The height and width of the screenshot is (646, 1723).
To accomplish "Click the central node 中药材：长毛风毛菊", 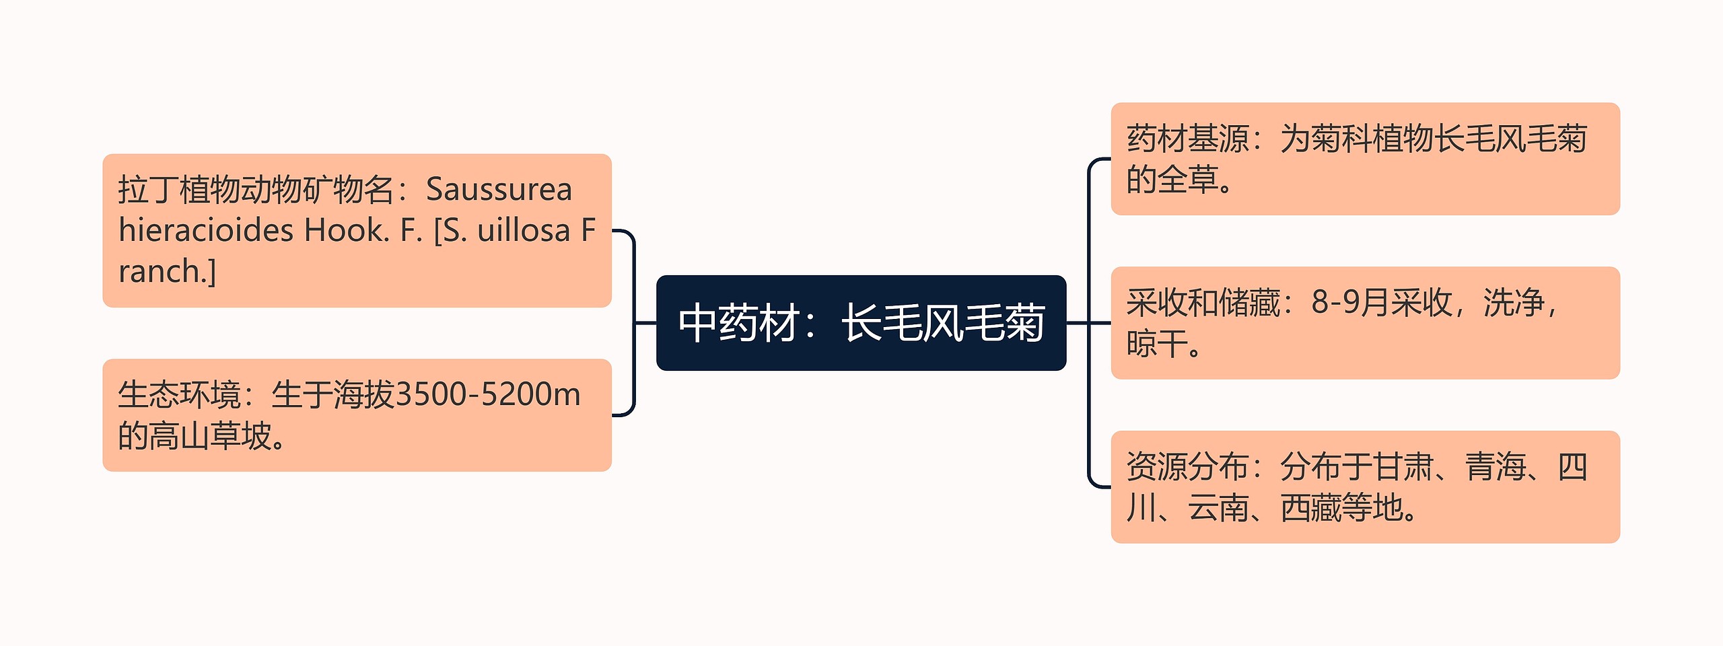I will (861, 323).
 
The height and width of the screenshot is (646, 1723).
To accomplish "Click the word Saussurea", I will (499, 190).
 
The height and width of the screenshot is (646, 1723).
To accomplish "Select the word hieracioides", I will (206, 231).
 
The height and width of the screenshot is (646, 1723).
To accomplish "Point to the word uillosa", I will (524, 231).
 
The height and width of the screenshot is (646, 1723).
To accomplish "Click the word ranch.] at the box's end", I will (167, 272).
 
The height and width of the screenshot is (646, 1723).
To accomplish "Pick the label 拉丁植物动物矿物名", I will (256, 190).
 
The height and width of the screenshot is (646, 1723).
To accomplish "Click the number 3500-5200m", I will (488, 395).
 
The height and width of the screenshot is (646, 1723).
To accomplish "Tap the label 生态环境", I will (179, 395).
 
